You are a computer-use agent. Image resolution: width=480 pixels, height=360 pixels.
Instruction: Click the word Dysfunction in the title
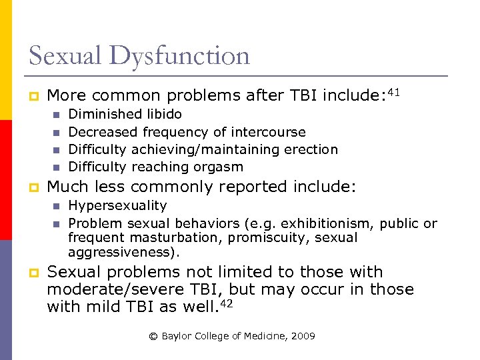coord(179,55)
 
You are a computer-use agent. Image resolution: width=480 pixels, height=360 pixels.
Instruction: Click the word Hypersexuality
coord(117,206)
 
